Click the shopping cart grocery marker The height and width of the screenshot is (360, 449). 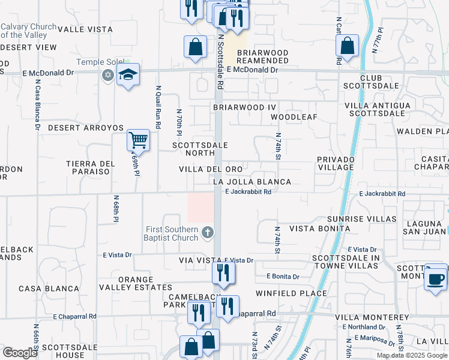pos(139,141)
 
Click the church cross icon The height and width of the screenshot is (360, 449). pos(207,232)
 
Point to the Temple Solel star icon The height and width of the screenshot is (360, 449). pos(108,75)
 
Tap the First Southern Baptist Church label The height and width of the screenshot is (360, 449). pos(172,233)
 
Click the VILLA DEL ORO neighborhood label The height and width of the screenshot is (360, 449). pos(211,169)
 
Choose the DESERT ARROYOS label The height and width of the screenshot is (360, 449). pos(86,128)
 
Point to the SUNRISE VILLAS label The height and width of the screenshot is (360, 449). pos(362,219)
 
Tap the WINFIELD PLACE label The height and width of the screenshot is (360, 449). pos(291,293)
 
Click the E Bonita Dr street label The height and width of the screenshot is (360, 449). pos(283,277)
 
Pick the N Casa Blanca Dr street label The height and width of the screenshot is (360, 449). pos(37,106)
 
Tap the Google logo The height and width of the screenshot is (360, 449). pos(20,353)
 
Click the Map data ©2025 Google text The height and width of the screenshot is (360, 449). pos(411,355)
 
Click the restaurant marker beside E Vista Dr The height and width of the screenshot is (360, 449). pos(223,274)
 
